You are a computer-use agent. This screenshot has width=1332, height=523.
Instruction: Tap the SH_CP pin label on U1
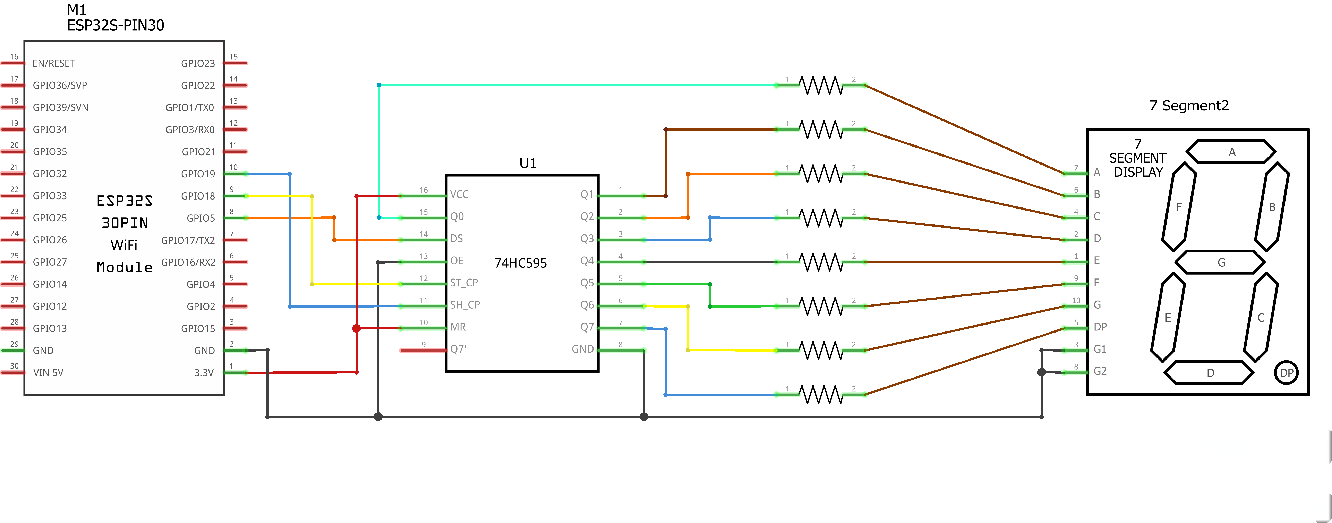(x=465, y=305)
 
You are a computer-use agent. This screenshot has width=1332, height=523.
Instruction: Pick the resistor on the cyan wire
(x=821, y=85)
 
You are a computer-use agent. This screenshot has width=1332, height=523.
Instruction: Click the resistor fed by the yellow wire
(x=821, y=350)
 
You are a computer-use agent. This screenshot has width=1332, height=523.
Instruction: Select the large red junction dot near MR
(x=356, y=328)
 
